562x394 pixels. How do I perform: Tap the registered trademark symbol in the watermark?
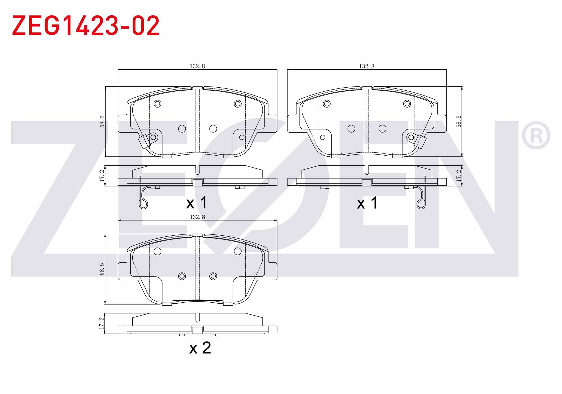(x=536, y=136)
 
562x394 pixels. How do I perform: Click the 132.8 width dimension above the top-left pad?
(x=197, y=66)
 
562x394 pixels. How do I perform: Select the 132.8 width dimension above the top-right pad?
(x=367, y=66)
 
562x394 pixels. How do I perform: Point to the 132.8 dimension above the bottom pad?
(x=197, y=217)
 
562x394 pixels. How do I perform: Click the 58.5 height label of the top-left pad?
(x=102, y=121)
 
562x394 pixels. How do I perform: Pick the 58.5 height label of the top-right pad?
(x=459, y=121)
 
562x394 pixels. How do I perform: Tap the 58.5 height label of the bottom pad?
(x=102, y=269)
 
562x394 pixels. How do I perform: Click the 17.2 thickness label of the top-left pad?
(x=102, y=176)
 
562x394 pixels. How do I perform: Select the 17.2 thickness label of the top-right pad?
(x=459, y=176)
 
